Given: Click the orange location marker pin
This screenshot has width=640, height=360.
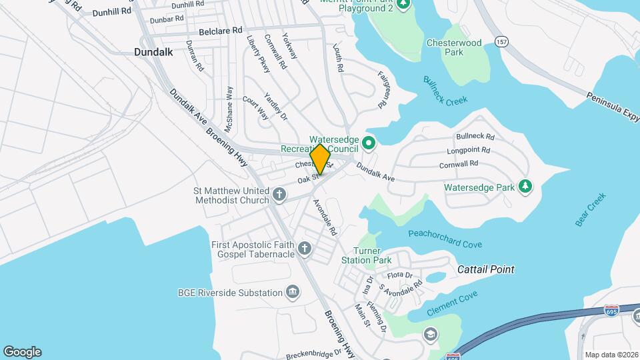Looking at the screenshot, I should click(x=320, y=159).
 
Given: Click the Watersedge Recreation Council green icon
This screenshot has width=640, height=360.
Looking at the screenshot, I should click(x=368, y=142).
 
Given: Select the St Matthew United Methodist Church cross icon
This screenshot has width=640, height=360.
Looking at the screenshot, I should click(x=279, y=195).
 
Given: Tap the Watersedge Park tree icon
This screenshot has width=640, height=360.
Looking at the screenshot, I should click(x=525, y=187).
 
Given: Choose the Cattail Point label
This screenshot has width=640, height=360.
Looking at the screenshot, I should click(x=486, y=269).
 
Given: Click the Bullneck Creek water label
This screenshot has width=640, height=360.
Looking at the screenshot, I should click(x=445, y=91).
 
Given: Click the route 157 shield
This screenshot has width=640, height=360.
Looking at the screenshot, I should click(x=501, y=42).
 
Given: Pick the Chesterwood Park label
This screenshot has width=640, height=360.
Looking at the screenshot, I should click(x=453, y=47).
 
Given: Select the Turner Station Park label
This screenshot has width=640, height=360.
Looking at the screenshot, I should click(x=366, y=255).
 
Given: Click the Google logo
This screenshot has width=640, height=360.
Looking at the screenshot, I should click(x=22, y=351).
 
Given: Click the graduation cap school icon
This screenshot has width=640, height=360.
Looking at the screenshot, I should click(x=430, y=332).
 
